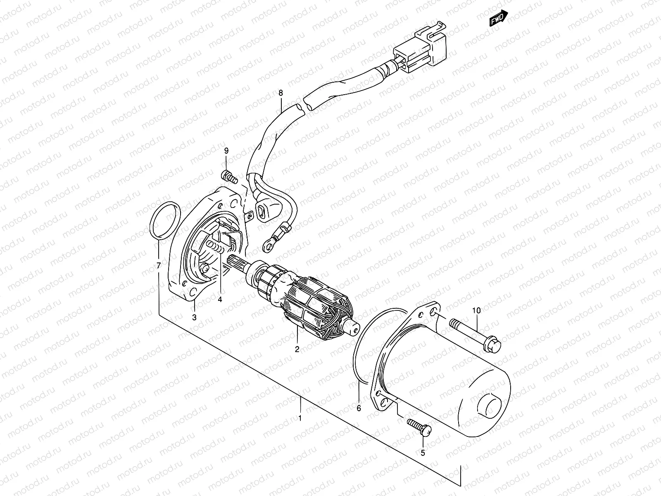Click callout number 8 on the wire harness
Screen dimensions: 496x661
(281, 93)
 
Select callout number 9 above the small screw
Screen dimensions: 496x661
(226, 151)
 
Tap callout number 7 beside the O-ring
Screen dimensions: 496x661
(158, 265)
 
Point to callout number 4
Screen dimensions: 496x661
(220, 299)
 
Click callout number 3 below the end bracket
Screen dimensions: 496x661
(194, 317)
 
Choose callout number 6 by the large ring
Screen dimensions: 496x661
(359, 408)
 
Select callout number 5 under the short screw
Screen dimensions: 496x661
(423, 452)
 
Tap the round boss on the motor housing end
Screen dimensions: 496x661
(490, 403)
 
